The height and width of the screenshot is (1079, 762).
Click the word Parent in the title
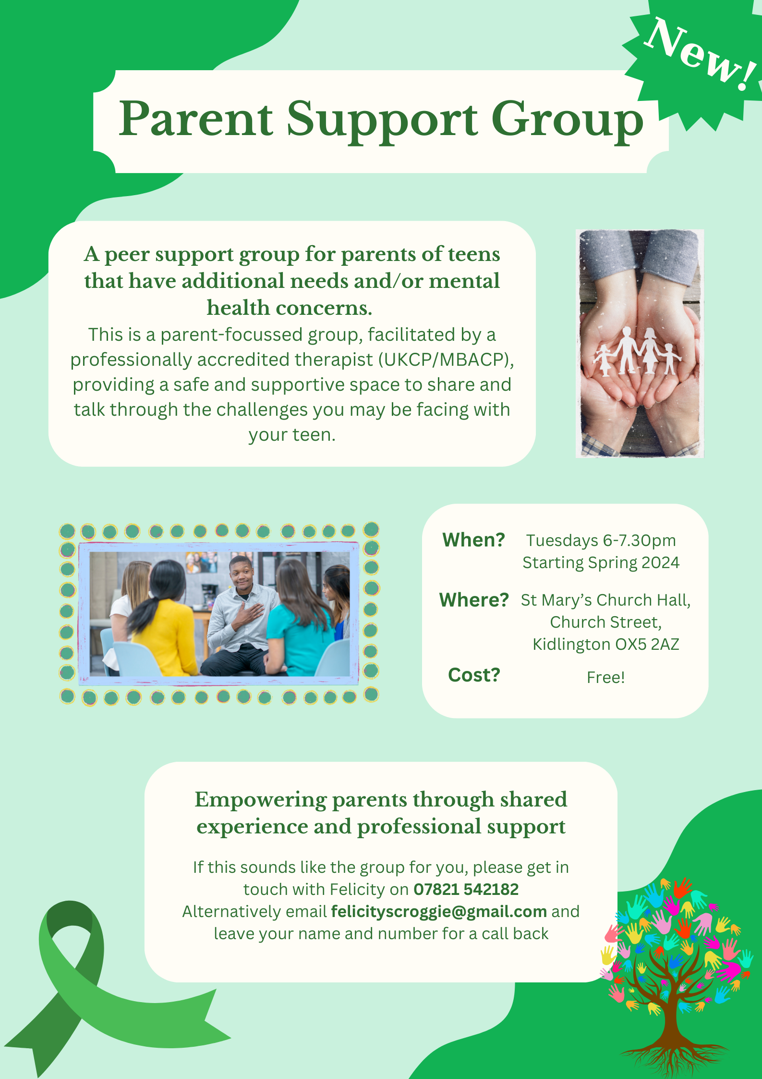[196, 119]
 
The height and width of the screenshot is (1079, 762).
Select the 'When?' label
[473, 540]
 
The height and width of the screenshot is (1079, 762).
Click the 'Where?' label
[474, 600]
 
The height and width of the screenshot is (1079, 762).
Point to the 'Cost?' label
[474, 675]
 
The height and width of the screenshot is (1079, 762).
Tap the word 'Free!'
[606, 677]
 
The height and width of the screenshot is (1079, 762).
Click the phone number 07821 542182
[466, 889]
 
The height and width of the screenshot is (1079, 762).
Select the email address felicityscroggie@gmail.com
[439, 911]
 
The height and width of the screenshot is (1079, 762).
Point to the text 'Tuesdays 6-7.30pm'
[601, 541]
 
